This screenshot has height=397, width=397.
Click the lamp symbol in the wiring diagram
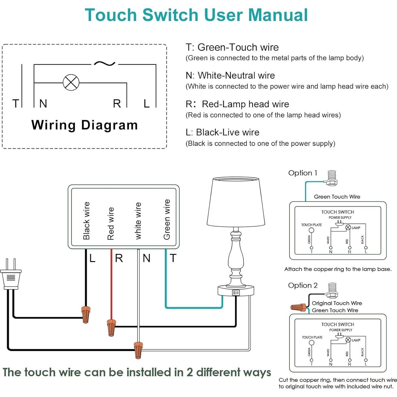pyautogui.click(x=71, y=82)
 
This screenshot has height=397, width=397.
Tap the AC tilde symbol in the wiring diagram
pyautogui.click(x=105, y=64)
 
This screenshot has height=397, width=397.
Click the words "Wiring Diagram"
pyautogui.click(x=84, y=125)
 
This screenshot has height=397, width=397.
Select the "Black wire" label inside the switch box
pyautogui.click(x=87, y=221)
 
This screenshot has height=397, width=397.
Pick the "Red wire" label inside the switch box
pyautogui.click(x=111, y=224)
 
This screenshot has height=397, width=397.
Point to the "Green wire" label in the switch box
pyautogui.click(x=167, y=219)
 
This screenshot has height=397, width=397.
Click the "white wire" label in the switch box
pyautogui.click(x=138, y=221)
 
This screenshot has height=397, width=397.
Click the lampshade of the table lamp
pyautogui.click(x=236, y=201)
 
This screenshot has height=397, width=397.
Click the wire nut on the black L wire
pyautogui.click(x=86, y=314)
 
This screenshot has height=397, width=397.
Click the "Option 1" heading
pyautogui.click(x=302, y=173)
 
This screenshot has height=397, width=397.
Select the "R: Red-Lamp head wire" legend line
pyautogui.click(x=237, y=104)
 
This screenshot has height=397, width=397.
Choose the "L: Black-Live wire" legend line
pyautogui.click(x=222, y=132)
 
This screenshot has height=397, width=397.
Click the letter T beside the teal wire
pyautogui.click(x=173, y=258)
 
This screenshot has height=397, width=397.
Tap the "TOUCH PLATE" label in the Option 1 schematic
pyautogui.click(x=312, y=225)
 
